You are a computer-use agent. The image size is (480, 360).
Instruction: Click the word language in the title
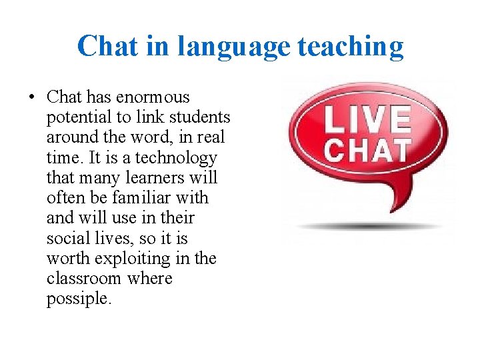(235, 47)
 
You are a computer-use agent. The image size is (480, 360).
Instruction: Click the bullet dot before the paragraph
(31, 98)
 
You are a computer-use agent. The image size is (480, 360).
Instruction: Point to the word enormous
(153, 97)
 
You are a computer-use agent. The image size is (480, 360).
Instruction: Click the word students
(200, 117)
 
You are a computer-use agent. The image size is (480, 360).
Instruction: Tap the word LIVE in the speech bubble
(367, 121)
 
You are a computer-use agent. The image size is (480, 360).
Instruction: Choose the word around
(71, 137)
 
